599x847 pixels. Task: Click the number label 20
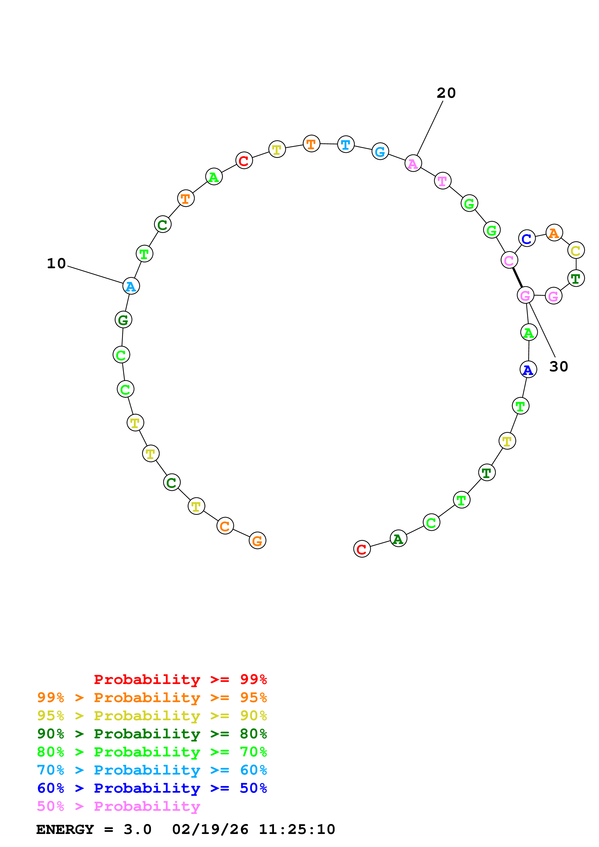(x=446, y=93)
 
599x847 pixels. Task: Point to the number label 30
(x=558, y=366)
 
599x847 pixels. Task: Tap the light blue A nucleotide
(x=131, y=286)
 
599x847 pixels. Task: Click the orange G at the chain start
(x=257, y=540)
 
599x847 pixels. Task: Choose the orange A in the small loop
(x=554, y=233)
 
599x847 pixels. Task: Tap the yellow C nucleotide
(x=576, y=251)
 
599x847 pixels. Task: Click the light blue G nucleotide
(x=380, y=151)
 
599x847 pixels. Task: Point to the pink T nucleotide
(x=442, y=181)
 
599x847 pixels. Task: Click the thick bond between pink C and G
(x=517, y=278)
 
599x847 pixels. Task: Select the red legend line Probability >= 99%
(x=180, y=679)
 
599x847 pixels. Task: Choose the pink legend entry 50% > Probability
(x=118, y=806)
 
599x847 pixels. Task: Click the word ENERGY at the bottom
(x=65, y=829)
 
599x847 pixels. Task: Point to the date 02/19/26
(x=210, y=829)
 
